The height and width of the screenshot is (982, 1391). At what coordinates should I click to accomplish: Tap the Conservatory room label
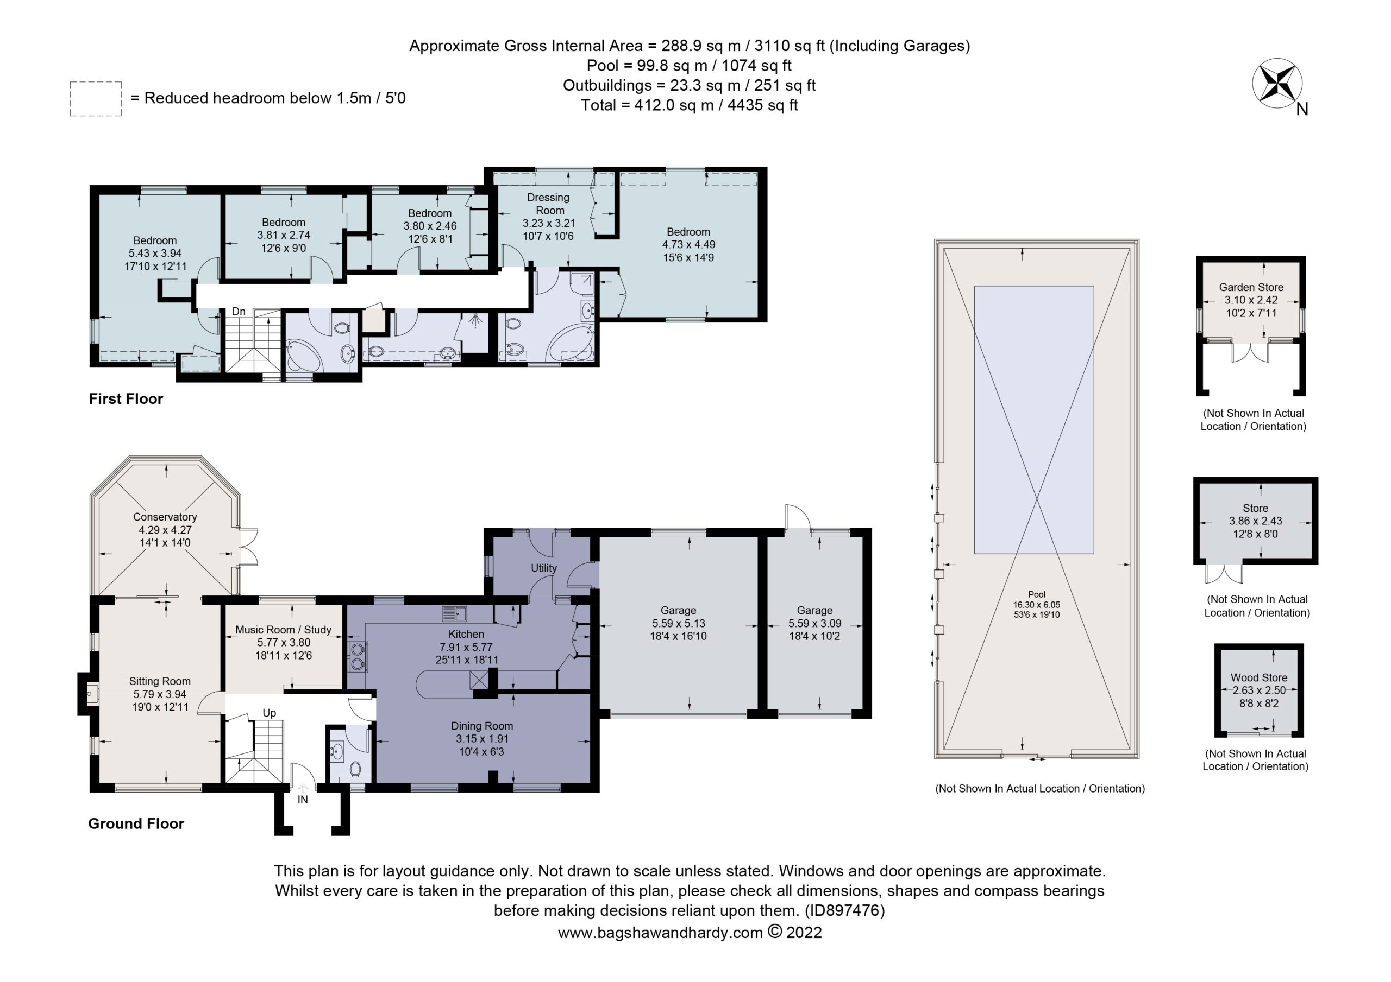(x=165, y=517)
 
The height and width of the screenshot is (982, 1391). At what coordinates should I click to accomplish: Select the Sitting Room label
(x=160, y=681)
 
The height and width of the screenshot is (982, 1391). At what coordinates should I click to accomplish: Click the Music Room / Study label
(x=284, y=630)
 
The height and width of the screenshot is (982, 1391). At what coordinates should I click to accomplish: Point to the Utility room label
(x=543, y=568)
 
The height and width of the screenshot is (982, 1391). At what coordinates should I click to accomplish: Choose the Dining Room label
(x=481, y=726)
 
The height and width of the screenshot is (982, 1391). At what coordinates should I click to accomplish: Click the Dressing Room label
(x=548, y=204)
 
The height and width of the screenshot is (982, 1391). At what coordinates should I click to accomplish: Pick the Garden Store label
(x=1251, y=288)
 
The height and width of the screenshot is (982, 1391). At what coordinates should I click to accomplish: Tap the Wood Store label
(x=1259, y=678)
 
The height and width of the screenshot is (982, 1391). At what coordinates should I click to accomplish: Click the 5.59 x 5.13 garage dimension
(x=679, y=623)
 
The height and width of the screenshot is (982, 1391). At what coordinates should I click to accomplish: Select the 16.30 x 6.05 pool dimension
(x=1037, y=604)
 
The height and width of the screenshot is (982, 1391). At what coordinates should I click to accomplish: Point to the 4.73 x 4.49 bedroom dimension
(x=688, y=245)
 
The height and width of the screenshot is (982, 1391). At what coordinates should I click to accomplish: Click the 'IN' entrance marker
(x=302, y=800)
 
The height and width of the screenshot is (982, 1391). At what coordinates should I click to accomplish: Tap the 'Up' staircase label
(x=270, y=713)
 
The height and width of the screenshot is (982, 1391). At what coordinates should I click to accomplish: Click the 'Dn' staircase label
(x=239, y=312)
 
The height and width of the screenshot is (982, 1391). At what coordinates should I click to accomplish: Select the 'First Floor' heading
(x=126, y=399)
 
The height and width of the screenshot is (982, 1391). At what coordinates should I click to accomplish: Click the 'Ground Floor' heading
(x=136, y=823)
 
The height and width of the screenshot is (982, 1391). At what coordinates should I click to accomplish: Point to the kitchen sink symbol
(x=454, y=614)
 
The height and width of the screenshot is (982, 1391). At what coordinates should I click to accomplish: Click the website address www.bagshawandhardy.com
(x=660, y=933)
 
